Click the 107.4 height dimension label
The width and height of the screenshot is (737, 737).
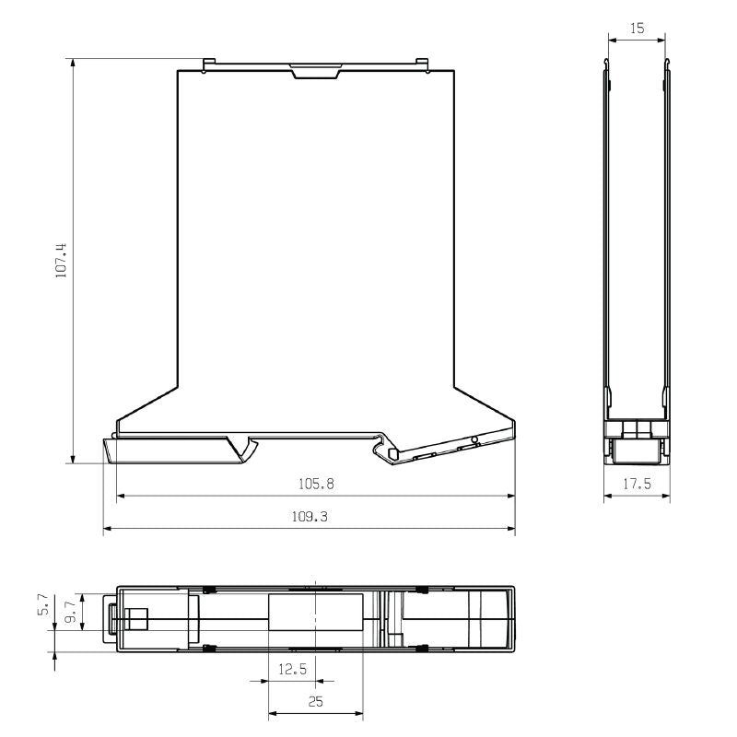point(62,261)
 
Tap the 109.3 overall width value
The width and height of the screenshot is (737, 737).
point(309,517)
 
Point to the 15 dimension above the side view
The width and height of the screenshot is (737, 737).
point(637,29)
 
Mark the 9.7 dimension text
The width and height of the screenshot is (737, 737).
point(70,612)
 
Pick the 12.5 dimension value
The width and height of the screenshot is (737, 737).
point(291,670)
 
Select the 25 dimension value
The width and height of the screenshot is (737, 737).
point(315,701)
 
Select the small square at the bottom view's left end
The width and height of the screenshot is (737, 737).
point(138,617)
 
